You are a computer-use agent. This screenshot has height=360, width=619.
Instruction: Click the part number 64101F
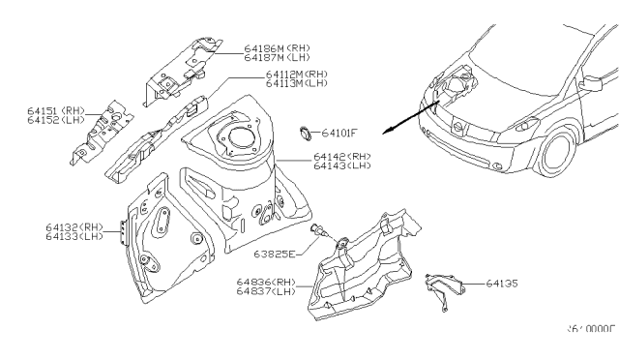coord(340,133)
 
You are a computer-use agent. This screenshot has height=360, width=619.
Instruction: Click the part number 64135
coord(499,284)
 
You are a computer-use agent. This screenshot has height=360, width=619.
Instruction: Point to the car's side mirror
coord(589,85)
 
